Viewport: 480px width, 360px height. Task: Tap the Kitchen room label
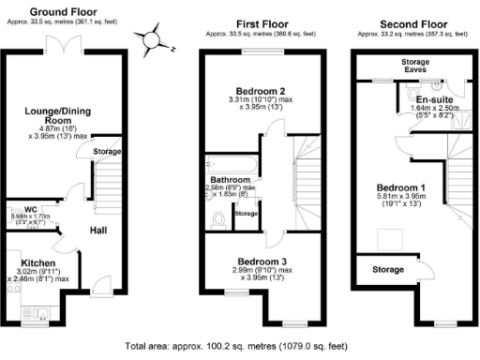pyautogui.click(x=38, y=262)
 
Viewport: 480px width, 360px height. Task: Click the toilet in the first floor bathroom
pyautogui.click(x=219, y=220)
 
